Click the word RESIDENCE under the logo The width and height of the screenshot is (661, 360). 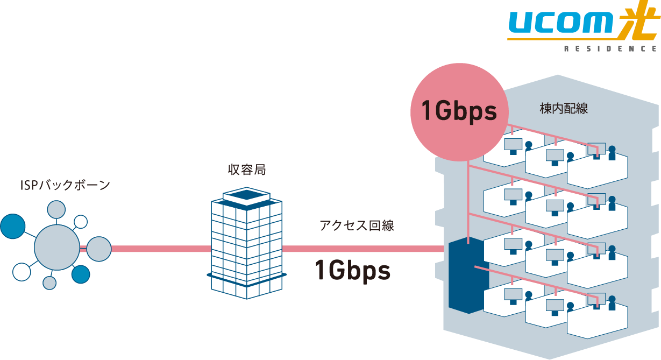610,49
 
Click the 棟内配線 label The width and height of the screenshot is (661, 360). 563,108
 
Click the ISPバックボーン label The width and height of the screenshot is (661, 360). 65,186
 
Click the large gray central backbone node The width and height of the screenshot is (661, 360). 56,248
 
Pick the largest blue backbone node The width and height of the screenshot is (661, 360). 13,226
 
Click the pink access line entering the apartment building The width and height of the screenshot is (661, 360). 366,249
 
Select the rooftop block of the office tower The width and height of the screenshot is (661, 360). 246,197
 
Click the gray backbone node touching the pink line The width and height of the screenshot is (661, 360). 99,249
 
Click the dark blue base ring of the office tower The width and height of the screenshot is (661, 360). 246,276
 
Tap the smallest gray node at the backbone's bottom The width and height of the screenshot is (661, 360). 49,283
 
